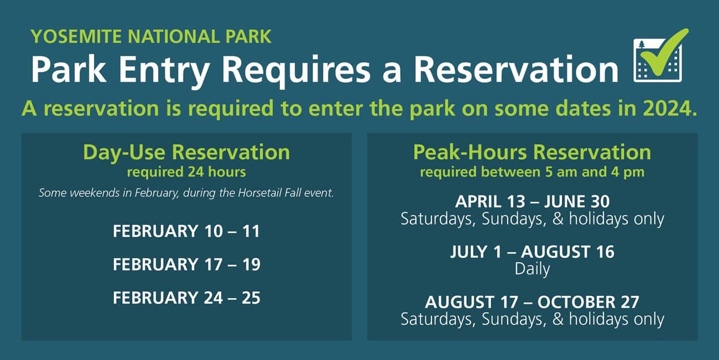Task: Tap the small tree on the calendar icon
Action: pyautogui.click(x=642, y=45)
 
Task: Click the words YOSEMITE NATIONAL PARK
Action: pyautogui.click(x=151, y=36)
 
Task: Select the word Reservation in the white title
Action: pyautogui.click(x=516, y=69)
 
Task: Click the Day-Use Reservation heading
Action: pyautogui.click(x=186, y=152)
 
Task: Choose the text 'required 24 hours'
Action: pyautogui.click(x=186, y=172)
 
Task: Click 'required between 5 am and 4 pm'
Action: pyautogui.click(x=532, y=172)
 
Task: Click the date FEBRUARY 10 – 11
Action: pyautogui.click(x=186, y=231)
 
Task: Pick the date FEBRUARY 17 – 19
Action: pyautogui.click(x=186, y=264)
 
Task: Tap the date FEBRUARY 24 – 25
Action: pyautogui.click(x=186, y=298)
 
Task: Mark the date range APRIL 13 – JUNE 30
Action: pyautogui.click(x=532, y=201)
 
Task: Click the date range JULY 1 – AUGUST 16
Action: pyautogui.click(x=532, y=252)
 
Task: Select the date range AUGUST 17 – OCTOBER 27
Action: pyautogui.click(x=532, y=302)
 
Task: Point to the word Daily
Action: pyautogui.click(x=532, y=269)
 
